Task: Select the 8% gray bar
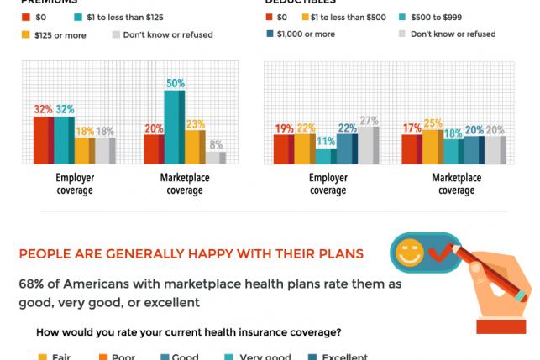[217, 157]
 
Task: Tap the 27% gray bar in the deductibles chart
[369, 144]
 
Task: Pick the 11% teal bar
[326, 155]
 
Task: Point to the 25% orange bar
[433, 146]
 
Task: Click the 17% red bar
[412, 149]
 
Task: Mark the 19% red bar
[284, 149]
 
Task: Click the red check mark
[440, 252]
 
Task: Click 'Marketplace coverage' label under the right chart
[456, 184]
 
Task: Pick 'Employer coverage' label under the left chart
[75, 184]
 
